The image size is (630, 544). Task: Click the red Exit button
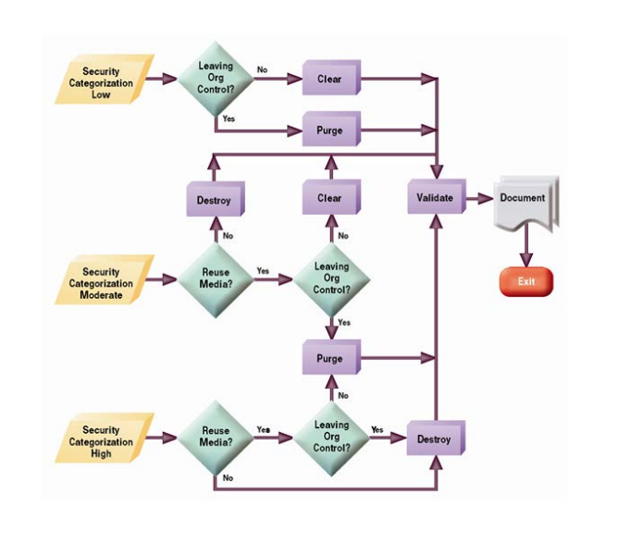[525, 281]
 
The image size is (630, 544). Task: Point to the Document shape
[525, 200]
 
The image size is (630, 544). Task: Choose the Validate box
[435, 198]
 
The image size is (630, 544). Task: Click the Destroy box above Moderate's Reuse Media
[213, 200]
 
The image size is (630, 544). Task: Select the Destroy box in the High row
[434, 439]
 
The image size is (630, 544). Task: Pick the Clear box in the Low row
[329, 80]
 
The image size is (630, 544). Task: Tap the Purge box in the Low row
[329, 130]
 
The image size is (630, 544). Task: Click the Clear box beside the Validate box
[329, 198]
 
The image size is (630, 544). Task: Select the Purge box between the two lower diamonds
[329, 359]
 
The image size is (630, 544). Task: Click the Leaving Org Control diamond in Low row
[215, 78]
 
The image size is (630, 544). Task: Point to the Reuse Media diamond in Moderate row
[215, 278]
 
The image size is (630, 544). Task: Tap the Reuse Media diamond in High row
[215, 437]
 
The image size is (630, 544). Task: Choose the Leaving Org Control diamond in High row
[331, 437]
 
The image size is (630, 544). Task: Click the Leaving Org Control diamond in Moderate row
[331, 278]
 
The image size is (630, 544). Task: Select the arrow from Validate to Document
[479, 198]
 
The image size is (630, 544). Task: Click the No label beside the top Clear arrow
[263, 69]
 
